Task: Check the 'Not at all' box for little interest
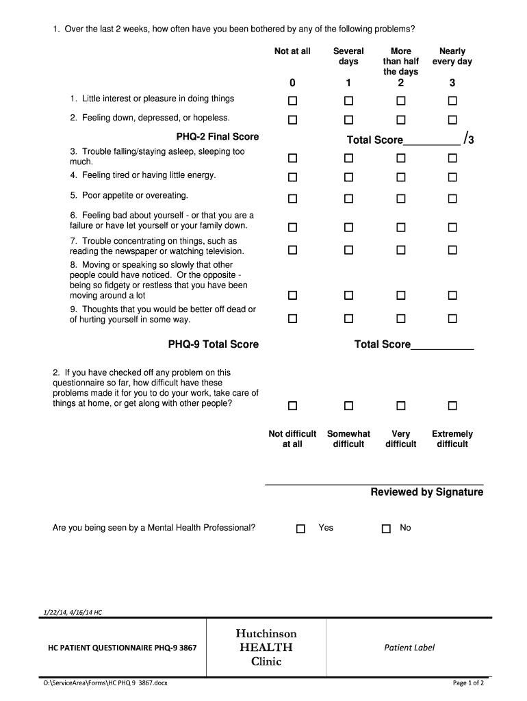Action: [x=292, y=101]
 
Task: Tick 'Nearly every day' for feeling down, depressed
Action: [x=452, y=120]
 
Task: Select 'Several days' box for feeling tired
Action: [x=348, y=177]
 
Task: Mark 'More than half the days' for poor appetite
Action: [x=400, y=199]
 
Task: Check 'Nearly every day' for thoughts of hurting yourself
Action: [x=452, y=318]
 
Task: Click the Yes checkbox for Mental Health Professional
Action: [x=300, y=528]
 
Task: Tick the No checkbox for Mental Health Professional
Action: [x=386, y=528]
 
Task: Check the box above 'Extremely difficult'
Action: [x=452, y=406]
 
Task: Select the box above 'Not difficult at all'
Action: [x=292, y=406]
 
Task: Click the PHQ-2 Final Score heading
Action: [x=218, y=137]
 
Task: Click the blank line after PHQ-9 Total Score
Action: [x=442, y=346]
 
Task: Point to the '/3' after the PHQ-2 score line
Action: [x=469, y=139]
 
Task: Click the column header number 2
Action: [x=400, y=83]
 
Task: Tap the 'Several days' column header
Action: [x=348, y=56]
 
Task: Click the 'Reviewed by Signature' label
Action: [x=426, y=492]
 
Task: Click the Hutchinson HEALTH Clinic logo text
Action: [x=266, y=647]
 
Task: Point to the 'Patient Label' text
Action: [x=409, y=647]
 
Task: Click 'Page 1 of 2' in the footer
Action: [x=468, y=683]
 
